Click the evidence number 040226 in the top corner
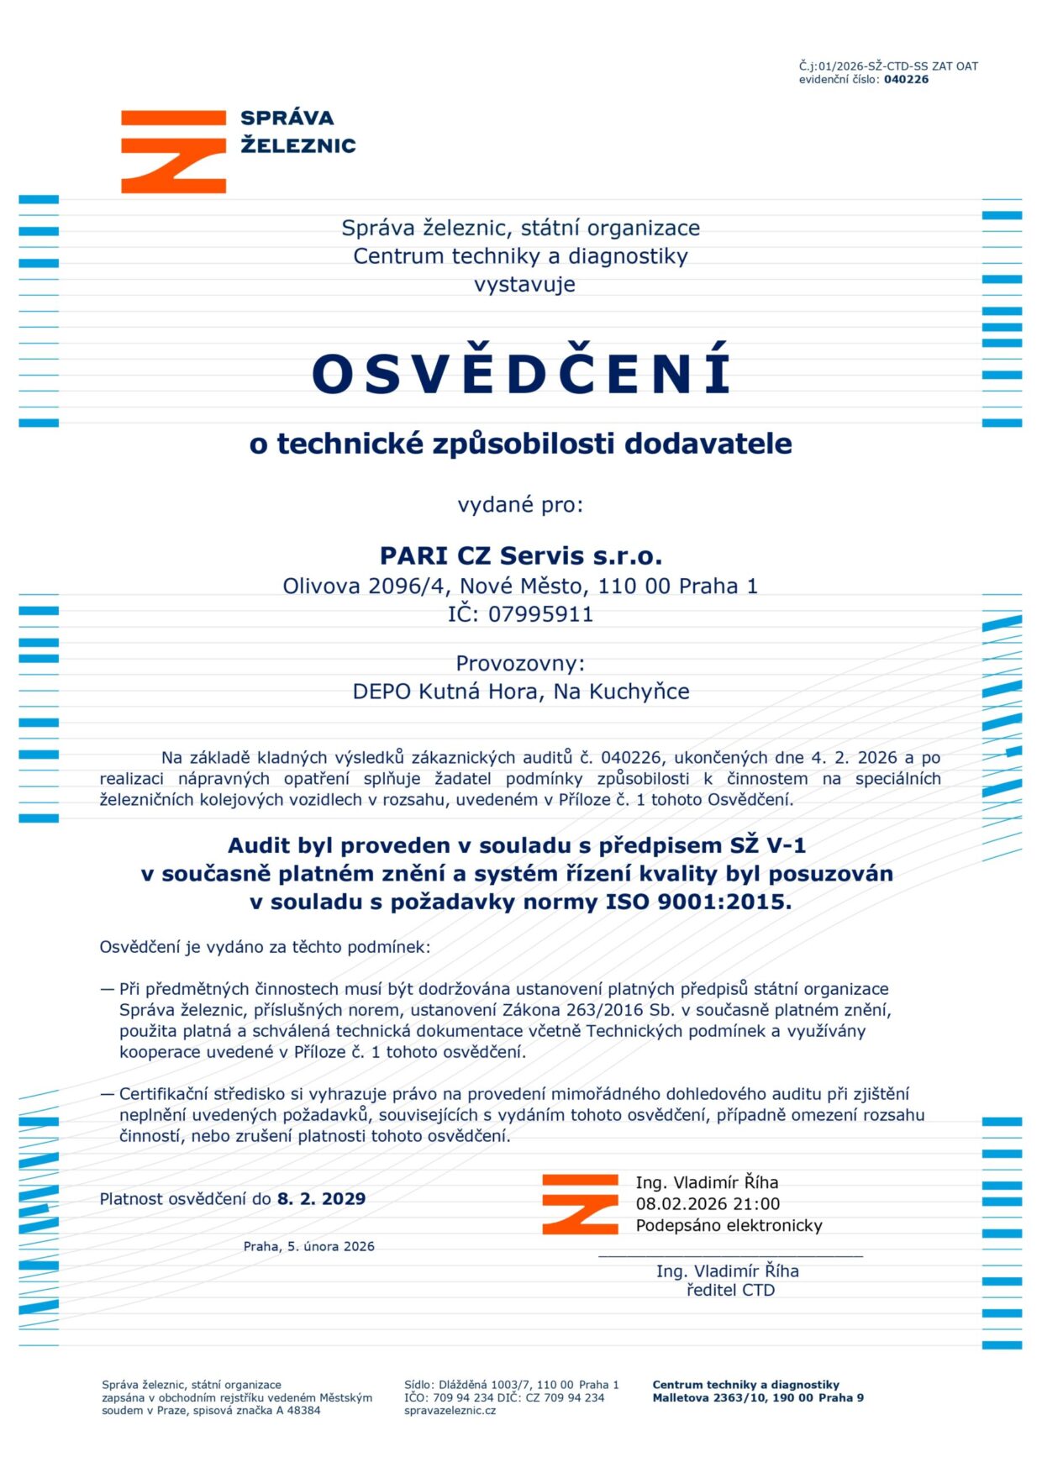click(x=906, y=80)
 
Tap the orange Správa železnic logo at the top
click(x=174, y=151)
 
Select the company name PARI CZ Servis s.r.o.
click(x=521, y=556)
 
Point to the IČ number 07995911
click(x=540, y=614)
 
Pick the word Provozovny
click(x=519, y=664)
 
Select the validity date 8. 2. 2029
click(x=322, y=1199)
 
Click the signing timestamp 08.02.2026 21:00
click(x=708, y=1204)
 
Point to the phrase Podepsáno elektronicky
click(x=729, y=1226)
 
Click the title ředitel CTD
click(x=730, y=1291)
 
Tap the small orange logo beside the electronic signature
click(x=580, y=1204)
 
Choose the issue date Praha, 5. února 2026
click(x=308, y=1247)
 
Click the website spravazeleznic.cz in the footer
click(x=450, y=1411)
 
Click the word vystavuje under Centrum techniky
click(x=524, y=285)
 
